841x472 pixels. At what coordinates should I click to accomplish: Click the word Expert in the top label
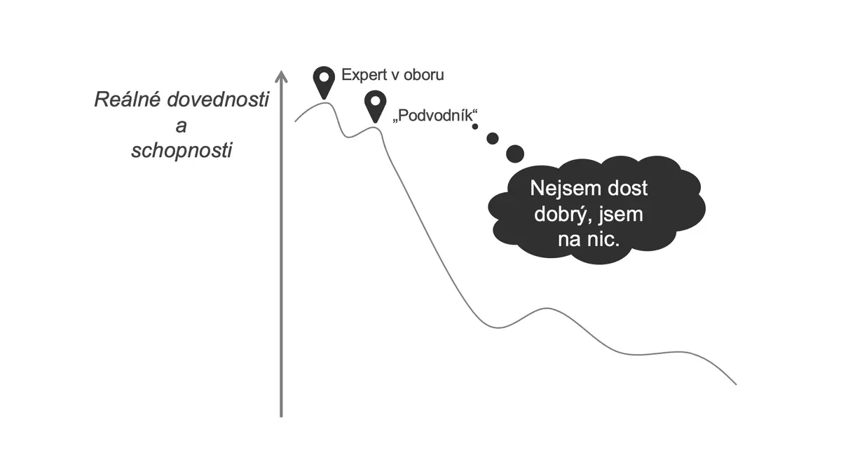point(364,75)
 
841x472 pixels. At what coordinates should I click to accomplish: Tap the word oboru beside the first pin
point(423,74)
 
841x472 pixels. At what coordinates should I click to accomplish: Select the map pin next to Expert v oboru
point(324,82)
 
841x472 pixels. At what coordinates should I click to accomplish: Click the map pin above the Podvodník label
point(376,106)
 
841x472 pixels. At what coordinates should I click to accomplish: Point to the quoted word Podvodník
point(435,115)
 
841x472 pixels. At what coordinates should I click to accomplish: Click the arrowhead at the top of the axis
point(281,76)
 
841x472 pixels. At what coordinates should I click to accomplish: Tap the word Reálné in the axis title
point(128,100)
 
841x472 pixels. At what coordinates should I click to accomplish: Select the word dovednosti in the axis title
point(218,100)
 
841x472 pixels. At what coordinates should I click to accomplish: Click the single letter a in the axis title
point(182,126)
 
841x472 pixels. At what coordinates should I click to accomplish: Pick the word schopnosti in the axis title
point(182,151)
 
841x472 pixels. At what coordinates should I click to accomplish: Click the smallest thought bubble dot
point(475,127)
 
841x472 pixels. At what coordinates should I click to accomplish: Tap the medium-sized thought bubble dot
point(493,138)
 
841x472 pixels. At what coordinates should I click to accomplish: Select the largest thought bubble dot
point(515,154)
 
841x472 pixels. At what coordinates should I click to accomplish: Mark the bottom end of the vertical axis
point(281,417)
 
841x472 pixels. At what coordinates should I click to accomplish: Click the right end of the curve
point(737,384)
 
